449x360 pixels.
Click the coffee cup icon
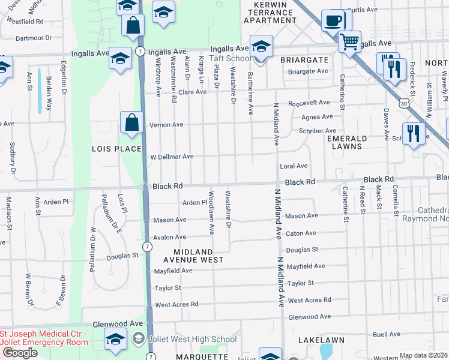click(x=333, y=21)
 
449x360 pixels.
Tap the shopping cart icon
click(x=349, y=42)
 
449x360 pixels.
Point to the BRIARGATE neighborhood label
click(x=304, y=60)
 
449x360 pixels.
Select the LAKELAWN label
click(x=321, y=340)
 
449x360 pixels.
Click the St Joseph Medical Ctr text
click(x=43, y=334)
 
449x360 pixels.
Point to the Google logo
click(x=19, y=353)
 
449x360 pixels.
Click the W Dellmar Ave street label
click(x=171, y=156)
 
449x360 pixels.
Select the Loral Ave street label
click(x=294, y=166)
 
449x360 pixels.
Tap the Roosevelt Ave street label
click(x=309, y=103)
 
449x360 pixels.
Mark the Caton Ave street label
click(x=301, y=233)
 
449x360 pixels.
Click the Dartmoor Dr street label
click(x=34, y=38)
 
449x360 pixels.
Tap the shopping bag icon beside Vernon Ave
click(x=131, y=123)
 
